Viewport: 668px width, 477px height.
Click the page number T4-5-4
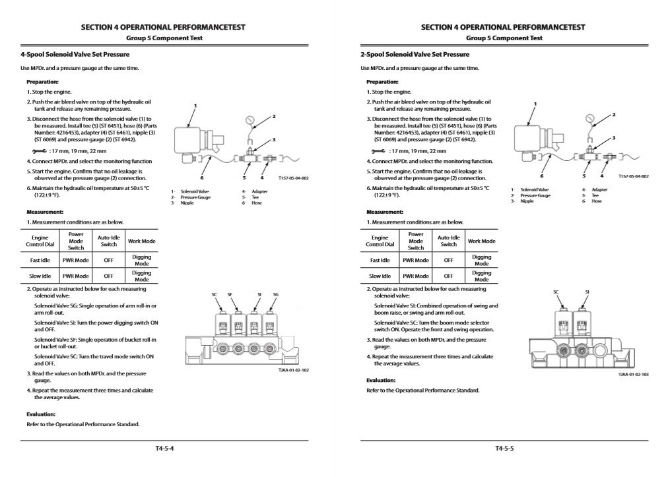coord(164,449)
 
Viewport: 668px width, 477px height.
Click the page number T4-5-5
coord(504,449)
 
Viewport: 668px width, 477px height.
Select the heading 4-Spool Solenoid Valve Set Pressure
coord(75,54)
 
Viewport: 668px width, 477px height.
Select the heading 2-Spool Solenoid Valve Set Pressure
coord(415,54)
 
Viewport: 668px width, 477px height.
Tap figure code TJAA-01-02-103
coord(633,374)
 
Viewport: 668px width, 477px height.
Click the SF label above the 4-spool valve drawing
coord(230,294)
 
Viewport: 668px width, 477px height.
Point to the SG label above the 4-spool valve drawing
coord(275,294)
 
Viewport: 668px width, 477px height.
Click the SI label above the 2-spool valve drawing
coord(587,292)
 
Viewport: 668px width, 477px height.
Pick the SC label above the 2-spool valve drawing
coord(556,292)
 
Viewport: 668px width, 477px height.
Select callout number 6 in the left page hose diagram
coord(203,177)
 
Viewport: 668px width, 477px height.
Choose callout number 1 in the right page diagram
coord(535,104)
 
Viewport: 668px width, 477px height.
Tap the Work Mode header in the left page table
coord(141,241)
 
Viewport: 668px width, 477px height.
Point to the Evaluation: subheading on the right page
coord(381,380)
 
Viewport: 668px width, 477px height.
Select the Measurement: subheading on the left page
coord(45,212)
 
